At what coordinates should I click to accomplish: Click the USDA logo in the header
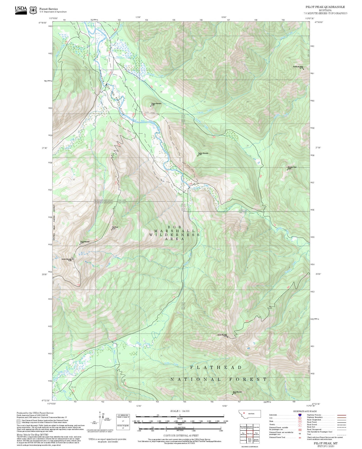tap(21, 10)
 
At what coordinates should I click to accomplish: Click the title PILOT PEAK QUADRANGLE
tap(325, 7)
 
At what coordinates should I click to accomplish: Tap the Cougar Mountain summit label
tap(156, 104)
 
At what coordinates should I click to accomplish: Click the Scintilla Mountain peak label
tap(298, 67)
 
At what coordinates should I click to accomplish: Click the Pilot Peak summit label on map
tap(115, 228)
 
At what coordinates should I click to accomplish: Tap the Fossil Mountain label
tap(85, 242)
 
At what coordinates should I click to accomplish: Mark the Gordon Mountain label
tap(67, 259)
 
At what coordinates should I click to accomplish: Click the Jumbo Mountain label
tap(222, 335)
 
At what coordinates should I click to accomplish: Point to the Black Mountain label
tap(237, 392)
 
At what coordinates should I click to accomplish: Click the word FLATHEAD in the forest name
tap(216, 367)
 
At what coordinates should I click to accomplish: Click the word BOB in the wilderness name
tap(174, 227)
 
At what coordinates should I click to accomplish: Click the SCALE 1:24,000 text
tap(180, 411)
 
